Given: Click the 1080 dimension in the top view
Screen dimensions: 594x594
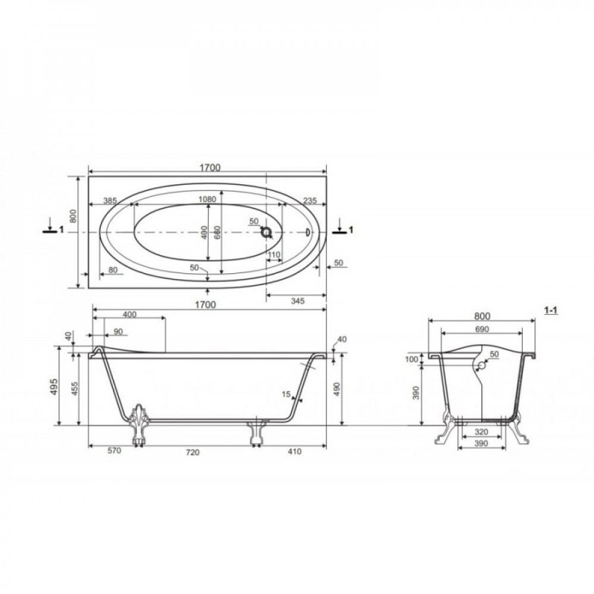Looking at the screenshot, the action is pos(207,199).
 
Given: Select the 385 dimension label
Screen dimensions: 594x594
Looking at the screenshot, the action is pos(110,201).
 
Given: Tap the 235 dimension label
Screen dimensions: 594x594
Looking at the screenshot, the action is pos(310,201).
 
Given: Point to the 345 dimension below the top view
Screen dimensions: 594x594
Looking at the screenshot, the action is pos(298,301).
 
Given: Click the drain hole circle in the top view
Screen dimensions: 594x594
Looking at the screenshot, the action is pos(267,232).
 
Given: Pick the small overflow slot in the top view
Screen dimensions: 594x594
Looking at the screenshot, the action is pos(308,232).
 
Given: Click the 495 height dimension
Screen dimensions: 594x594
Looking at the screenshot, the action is pos(55,387).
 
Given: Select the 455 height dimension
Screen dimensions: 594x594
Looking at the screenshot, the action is pos(75,389).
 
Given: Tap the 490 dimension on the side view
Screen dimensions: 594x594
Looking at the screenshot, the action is pos(337,389).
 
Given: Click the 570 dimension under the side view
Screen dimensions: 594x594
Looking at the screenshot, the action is pos(113,451).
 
